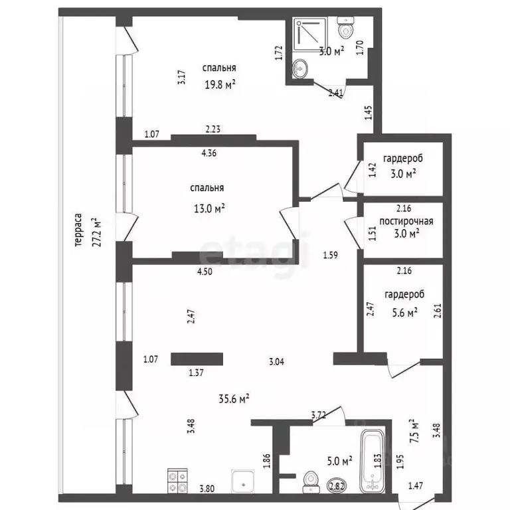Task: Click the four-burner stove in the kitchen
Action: [x=177, y=481]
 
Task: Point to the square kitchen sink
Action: [x=243, y=481]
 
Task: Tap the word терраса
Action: [x=78, y=230]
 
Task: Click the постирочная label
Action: [x=406, y=221]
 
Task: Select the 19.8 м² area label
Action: [x=220, y=84]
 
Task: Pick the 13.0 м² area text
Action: [x=209, y=208]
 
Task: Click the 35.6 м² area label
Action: [x=234, y=398]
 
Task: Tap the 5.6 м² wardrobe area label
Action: [x=405, y=313]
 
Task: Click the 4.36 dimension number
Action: [x=209, y=153]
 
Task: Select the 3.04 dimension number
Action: [x=276, y=362]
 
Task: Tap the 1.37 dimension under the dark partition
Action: [x=196, y=373]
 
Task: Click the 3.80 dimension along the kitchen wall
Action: [x=207, y=489]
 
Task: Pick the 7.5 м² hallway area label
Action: [x=414, y=431]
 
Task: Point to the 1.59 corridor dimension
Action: [x=331, y=255]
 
